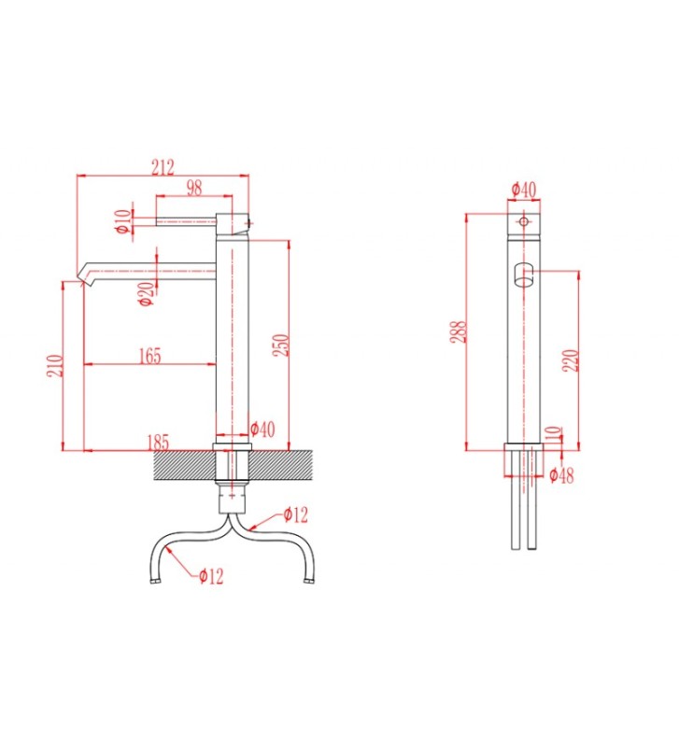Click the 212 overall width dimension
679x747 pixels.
click(163, 167)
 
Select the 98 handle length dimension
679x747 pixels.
click(193, 188)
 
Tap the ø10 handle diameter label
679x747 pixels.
click(121, 220)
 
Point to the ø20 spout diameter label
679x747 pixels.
click(146, 293)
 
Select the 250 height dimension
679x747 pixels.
click(277, 345)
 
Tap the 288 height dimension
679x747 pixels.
click(459, 331)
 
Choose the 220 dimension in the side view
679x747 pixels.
click(571, 359)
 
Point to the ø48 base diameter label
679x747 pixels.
click(561, 475)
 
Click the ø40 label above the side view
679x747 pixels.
click(524, 190)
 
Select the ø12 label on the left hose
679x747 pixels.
click(210, 576)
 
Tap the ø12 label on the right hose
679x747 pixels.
click(295, 514)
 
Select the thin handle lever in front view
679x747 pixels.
click(187, 220)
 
